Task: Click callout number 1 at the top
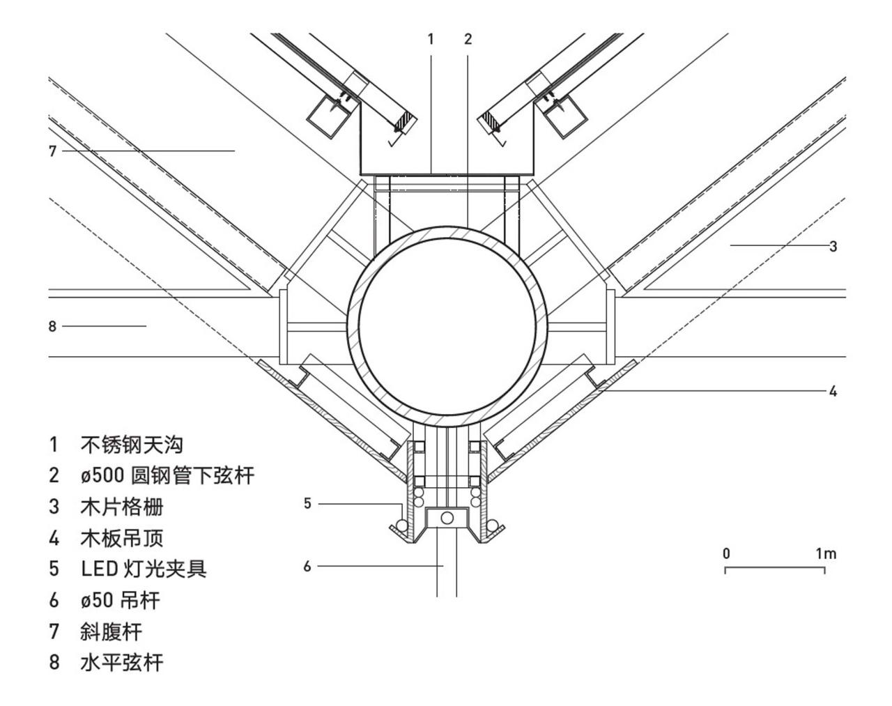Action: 431,40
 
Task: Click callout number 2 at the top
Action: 468,40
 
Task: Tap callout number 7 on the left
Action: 52,151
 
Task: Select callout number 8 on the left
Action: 52,325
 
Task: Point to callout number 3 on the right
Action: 833,246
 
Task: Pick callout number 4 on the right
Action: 833,391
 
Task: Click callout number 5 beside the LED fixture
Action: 307,503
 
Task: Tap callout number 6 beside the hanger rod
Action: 307,566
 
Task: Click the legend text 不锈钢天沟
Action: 132,445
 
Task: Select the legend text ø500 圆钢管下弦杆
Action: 167,476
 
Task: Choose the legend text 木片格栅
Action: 122,507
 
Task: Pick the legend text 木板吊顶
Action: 122,538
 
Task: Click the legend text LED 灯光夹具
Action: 144,569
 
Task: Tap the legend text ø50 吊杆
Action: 121,600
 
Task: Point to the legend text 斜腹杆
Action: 111,631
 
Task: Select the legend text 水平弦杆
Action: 122,662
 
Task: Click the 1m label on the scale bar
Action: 826,554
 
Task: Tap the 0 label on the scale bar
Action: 726,554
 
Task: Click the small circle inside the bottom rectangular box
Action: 447,517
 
